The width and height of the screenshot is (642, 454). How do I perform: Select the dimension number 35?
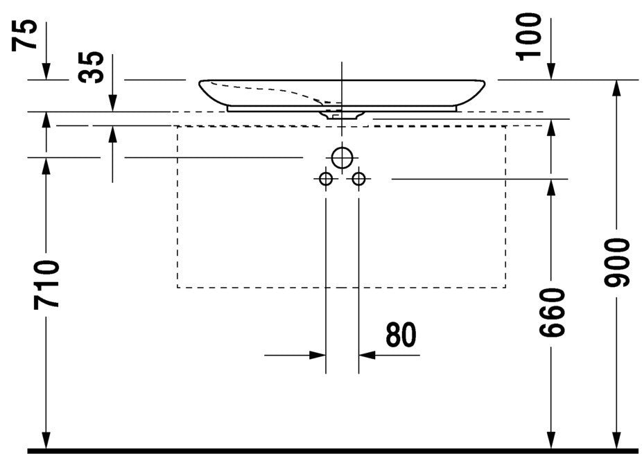91,67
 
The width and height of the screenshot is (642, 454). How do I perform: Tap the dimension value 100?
528,37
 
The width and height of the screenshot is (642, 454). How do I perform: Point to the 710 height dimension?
46,284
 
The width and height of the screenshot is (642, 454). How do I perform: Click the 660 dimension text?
551,313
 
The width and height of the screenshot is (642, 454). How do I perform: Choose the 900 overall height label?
616,263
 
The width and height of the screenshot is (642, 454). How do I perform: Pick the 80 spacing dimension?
401,335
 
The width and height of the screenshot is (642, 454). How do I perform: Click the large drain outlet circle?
342,157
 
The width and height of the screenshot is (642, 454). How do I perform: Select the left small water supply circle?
326,179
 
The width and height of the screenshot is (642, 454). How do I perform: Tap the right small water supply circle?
358,179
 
